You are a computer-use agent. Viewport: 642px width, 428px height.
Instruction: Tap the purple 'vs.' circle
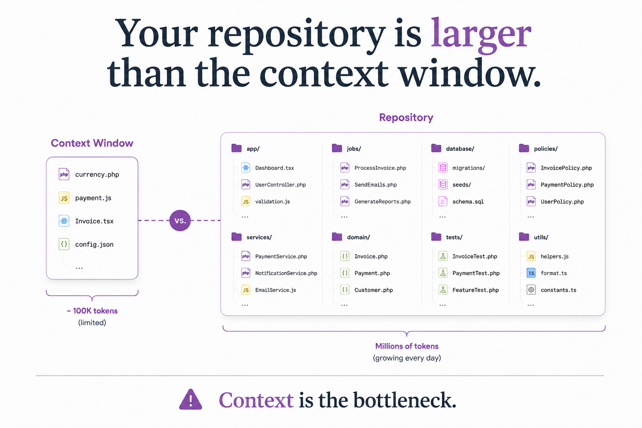point(180,220)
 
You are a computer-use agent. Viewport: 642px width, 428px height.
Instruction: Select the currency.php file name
point(97,174)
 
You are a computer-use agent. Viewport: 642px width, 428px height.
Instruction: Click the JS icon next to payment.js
point(64,198)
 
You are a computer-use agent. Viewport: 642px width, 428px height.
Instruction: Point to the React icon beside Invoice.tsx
point(64,221)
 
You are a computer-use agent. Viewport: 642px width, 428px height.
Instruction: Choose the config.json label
point(94,244)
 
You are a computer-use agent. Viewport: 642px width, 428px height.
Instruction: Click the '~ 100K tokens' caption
point(92,311)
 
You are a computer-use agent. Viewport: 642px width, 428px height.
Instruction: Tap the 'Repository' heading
point(406,117)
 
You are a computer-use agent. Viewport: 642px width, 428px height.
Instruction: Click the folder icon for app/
point(237,148)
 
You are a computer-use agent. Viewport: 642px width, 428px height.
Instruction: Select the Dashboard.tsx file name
point(275,168)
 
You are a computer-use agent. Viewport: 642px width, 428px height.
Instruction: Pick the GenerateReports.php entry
point(382,201)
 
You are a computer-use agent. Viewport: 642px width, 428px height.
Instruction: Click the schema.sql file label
point(468,201)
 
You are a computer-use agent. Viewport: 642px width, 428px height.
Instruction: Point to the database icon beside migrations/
point(443,168)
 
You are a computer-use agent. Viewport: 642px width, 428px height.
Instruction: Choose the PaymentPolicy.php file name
point(567,185)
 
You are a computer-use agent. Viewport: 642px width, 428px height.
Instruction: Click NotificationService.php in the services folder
point(286,273)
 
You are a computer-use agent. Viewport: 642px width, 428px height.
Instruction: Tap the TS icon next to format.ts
point(531,273)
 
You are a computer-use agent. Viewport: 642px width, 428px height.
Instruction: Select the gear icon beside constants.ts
point(531,290)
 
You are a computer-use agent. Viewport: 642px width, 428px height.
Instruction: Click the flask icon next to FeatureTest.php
point(443,290)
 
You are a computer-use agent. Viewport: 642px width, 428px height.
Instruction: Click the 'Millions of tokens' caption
point(407,346)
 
